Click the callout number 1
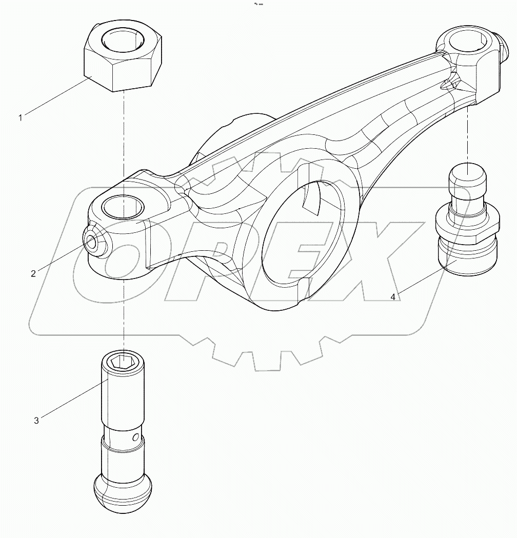[x=21, y=118]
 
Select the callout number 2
[x=33, y=273]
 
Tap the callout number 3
[x=36, y=421]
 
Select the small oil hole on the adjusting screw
[x=136, y=437]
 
